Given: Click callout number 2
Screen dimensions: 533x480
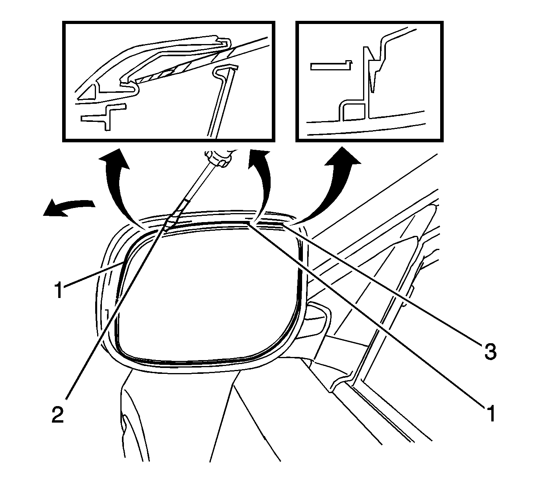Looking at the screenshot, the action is point(58,415).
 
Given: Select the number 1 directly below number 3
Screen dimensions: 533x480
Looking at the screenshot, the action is point(490,413).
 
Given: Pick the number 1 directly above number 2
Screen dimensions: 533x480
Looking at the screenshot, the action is point(59,291).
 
